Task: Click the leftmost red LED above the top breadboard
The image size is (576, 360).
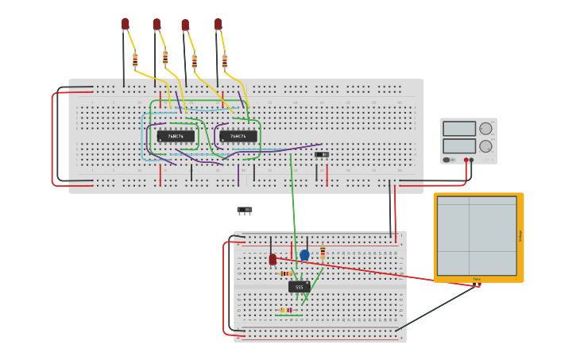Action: point(126,24)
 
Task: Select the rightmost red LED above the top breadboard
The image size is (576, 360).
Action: point(218,24)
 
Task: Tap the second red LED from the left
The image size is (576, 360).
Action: point(157,25)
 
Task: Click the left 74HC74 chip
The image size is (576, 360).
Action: point(176,136)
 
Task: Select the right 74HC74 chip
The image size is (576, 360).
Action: point(238,136)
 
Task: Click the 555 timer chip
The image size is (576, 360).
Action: point(299,287)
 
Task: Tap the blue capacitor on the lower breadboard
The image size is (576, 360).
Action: point(304,255)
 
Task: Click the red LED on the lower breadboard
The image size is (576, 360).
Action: point(273,259)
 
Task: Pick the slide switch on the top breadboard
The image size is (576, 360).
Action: point(322,154)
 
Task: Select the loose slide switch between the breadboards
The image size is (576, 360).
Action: point(245,210)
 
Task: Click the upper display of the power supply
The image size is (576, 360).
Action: point(459,129)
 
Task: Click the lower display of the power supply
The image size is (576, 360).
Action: point(459,146)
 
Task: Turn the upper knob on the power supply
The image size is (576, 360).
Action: point(485,129)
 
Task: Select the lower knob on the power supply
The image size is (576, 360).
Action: point(485,146)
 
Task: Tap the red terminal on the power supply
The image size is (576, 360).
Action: point(466,160)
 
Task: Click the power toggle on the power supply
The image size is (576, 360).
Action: point(447,160)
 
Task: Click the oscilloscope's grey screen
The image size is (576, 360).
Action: point(477,235)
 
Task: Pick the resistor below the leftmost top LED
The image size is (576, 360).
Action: point(135,59)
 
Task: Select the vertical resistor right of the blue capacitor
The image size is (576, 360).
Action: point(323,252)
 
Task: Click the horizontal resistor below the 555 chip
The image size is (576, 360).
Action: point(285,310)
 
